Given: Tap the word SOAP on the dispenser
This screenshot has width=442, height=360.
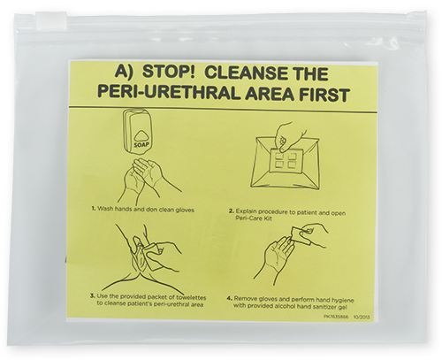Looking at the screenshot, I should pyautogui.click(x=143, y=142).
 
